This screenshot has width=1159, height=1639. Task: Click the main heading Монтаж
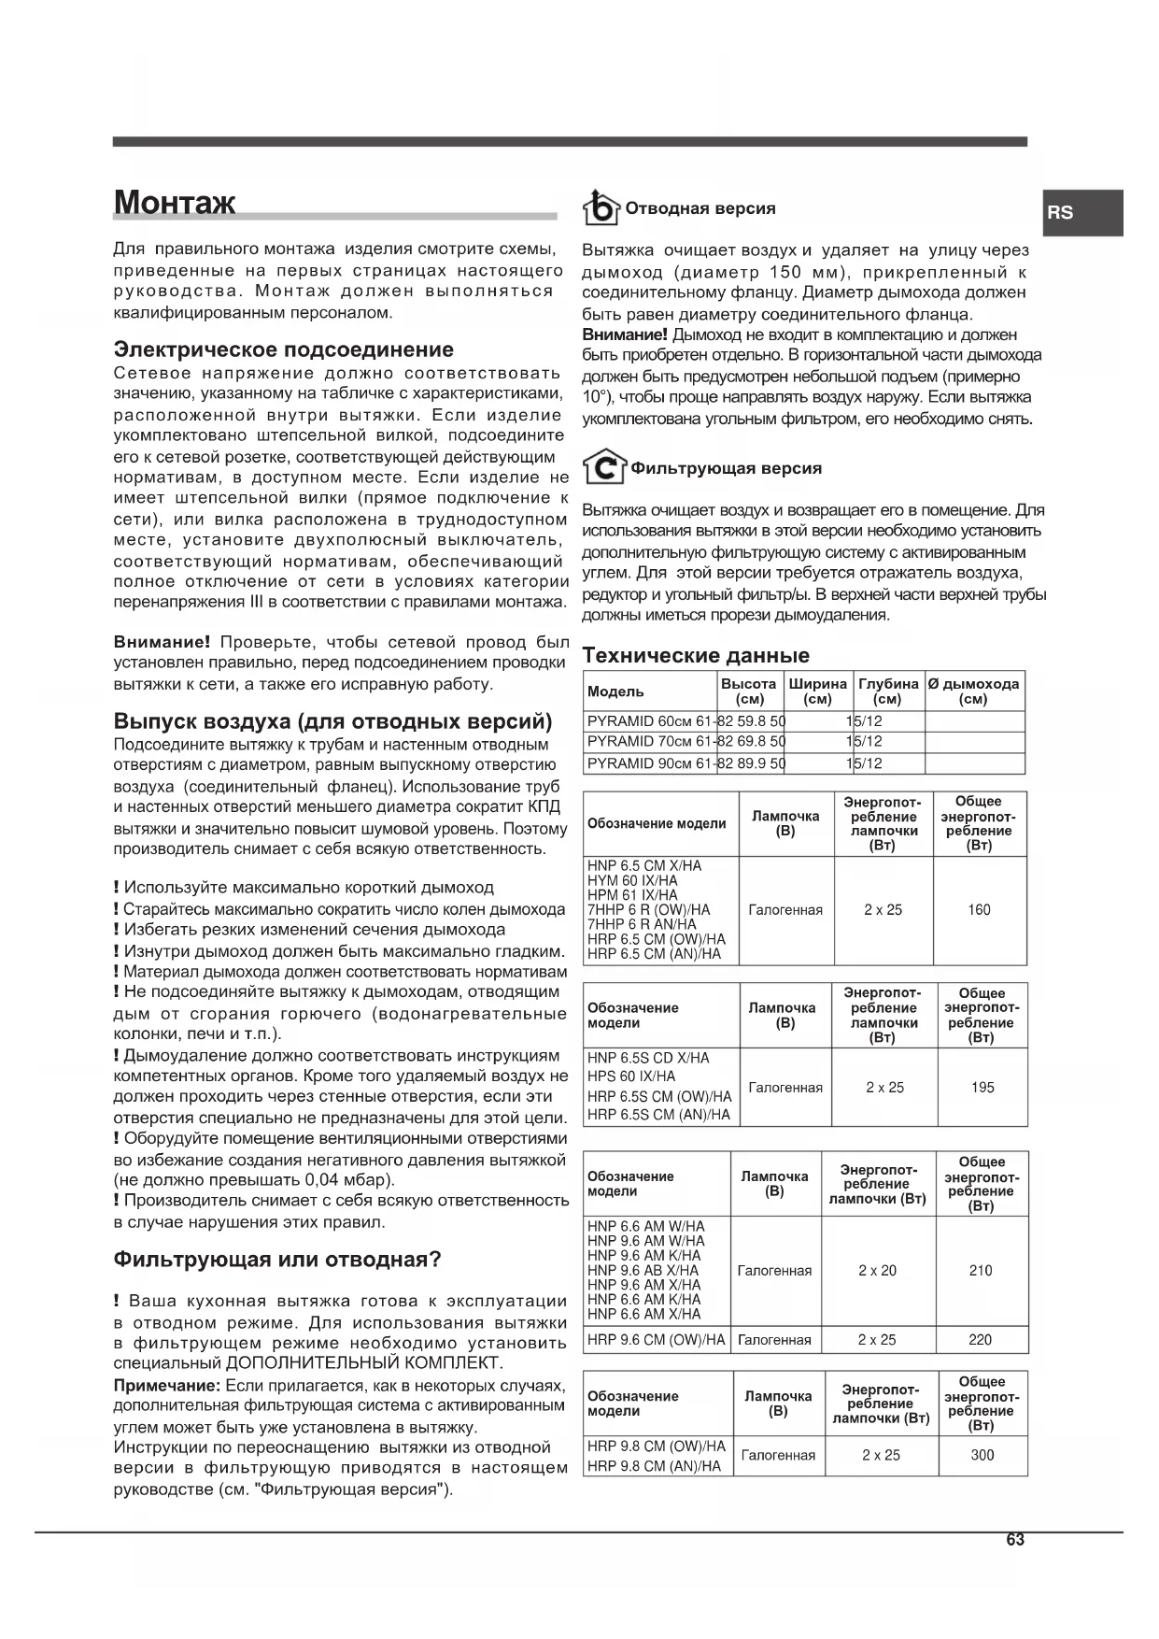coord(175,203)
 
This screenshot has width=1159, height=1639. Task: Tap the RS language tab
coord(1060,212)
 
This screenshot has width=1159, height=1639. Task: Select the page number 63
coord(1015,1540)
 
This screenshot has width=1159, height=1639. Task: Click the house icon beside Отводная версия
coord(601,208)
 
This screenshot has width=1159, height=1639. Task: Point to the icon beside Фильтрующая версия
coord(603,467)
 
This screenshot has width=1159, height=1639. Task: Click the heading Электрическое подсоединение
coord(283,349)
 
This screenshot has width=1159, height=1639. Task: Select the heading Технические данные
coord(696,655)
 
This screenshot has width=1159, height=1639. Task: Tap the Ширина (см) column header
coord(817,691)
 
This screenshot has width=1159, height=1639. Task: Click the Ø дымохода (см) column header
coord(973,691)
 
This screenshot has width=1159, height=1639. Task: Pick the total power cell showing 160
coord(979,910)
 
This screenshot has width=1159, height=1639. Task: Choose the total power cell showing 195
coord(982,1088)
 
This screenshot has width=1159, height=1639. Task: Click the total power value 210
coord(981,1271)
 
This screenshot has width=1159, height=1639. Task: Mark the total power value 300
coord(982,1455)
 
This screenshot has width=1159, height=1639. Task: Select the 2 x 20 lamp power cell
coord(877,1271)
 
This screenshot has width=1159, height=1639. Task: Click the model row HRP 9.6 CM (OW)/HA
coord(656,1340)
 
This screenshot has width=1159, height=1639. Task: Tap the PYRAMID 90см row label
coord(649,763)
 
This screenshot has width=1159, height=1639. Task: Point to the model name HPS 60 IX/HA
coord(631,1076)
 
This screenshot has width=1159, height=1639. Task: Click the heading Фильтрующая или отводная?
coord(276,1259)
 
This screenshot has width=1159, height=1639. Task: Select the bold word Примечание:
coord(167,1385)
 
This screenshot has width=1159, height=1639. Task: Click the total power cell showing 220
coord(981,1340)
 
